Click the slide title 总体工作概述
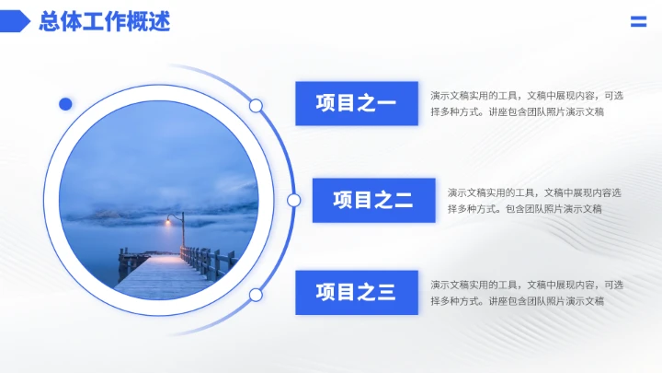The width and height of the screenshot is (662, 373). pos(104,22)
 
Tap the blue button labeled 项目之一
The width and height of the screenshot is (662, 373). pos(357,103)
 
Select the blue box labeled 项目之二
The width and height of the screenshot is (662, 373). pos(373,200)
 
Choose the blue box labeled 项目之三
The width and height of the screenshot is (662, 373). pos(357,293)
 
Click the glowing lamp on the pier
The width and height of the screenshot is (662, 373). pos(168,221)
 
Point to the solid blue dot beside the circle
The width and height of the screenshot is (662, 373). pos(65,104)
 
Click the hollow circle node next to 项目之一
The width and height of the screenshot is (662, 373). pos(256,106)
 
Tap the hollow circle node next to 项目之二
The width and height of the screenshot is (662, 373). pos(294,200)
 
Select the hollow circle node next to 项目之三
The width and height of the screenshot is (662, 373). pos(256,295)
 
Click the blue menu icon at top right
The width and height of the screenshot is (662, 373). pos(638,22)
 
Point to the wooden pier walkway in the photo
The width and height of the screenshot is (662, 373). pos(161,276)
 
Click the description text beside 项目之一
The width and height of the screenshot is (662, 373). pos(526,103)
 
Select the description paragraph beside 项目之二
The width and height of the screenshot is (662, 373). pos(533,200)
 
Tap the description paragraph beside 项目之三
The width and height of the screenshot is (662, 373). pos(526,293)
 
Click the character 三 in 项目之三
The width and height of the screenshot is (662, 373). pos(386,293)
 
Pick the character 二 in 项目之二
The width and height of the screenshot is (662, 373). pos(403,200)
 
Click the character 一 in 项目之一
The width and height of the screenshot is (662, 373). pos(386,103)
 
